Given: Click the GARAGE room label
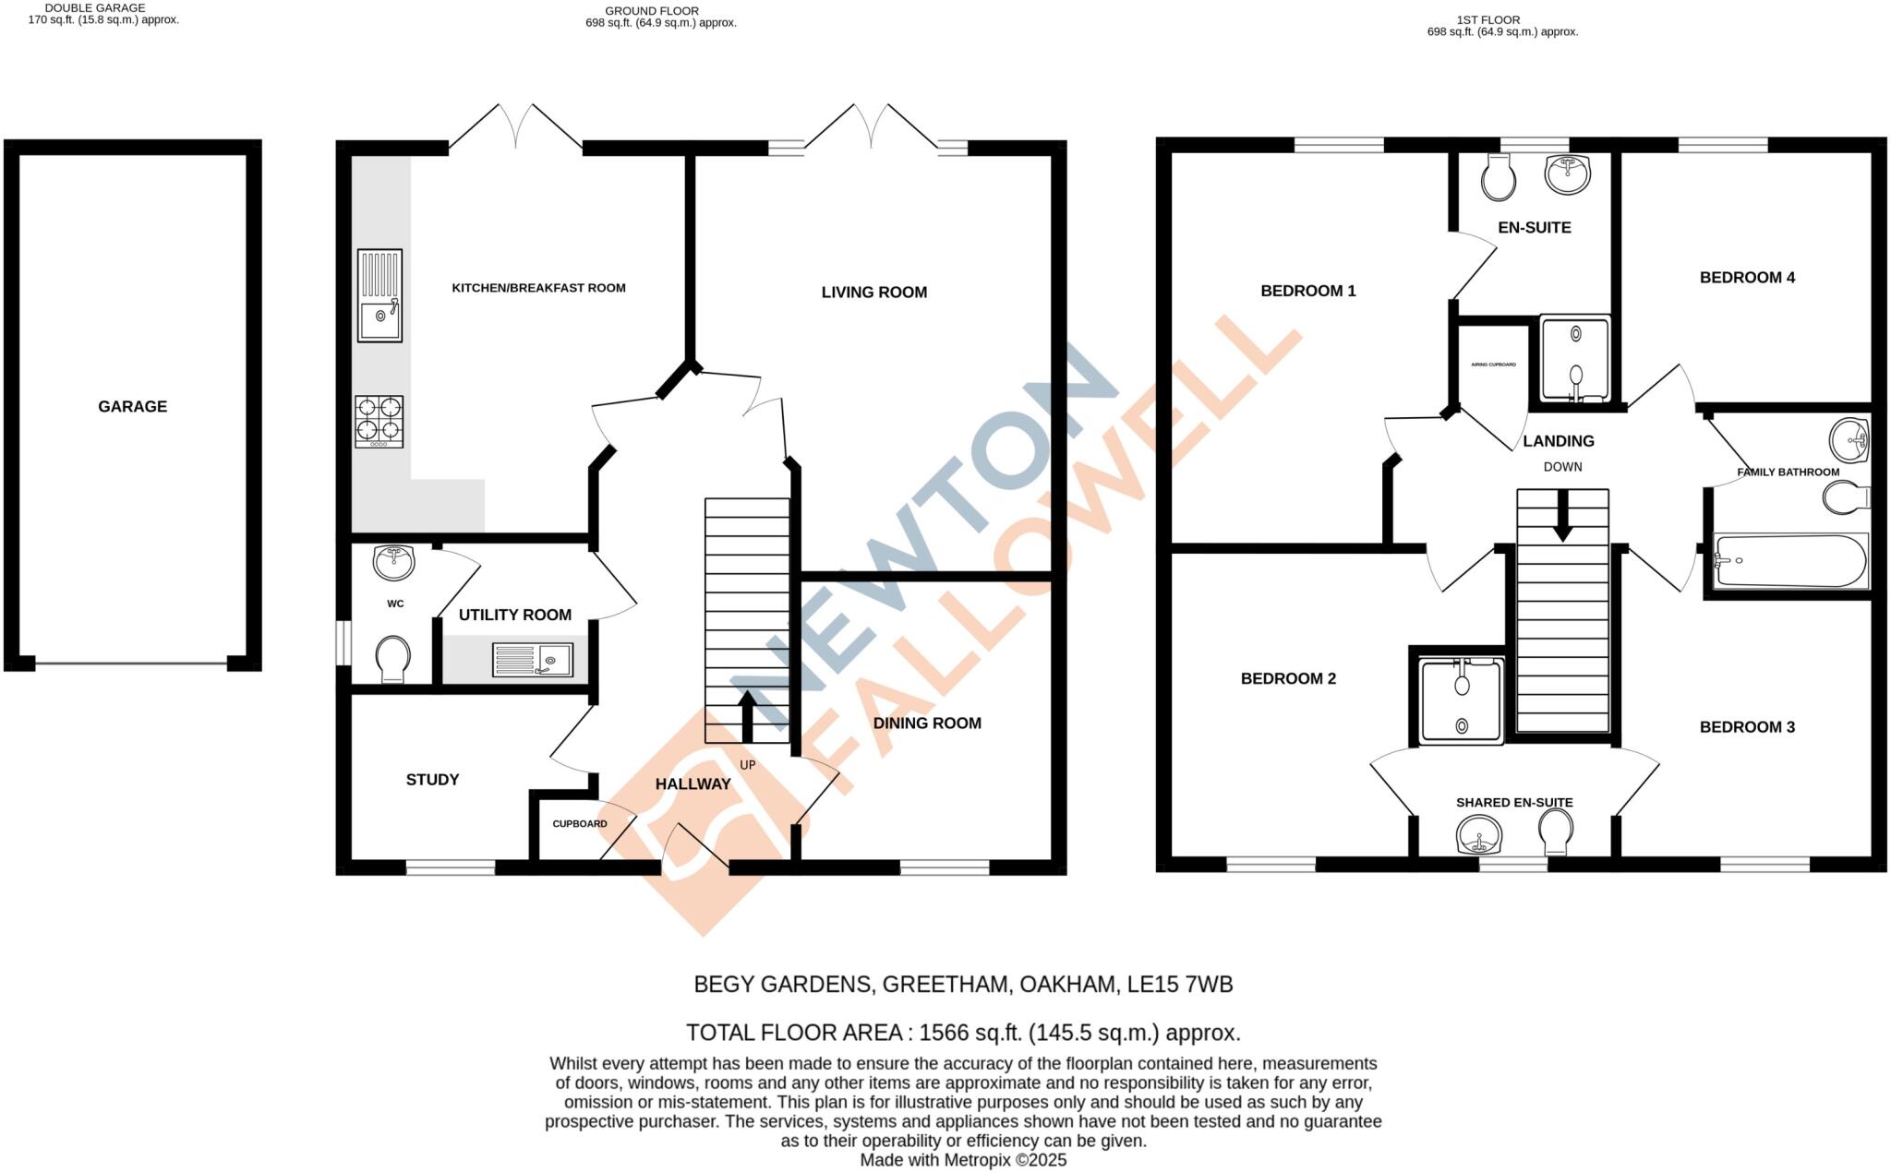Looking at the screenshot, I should click(132, 406).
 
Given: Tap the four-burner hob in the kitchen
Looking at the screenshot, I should click(379, 422).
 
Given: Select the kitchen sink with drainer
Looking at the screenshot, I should click(379, 294).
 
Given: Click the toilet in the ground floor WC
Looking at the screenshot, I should click(392, 658).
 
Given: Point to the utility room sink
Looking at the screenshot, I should click(533, 659).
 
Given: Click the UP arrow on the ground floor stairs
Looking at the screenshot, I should click(747, 716).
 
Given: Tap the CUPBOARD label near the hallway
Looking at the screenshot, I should click(580, 823).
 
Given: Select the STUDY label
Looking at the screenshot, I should click(432, 780).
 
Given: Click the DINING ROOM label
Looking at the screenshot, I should click(927, 723).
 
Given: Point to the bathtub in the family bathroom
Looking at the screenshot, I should click(1790, 560).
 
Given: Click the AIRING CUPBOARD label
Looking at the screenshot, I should click(1493, 365).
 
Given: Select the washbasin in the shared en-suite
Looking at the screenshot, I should click(1478, 836).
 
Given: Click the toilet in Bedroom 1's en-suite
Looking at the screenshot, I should click(1498, 177).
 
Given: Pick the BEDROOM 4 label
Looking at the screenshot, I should click(1747, 277).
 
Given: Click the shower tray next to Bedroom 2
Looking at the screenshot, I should click(1461, 701).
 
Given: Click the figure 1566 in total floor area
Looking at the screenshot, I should click(945, 1033).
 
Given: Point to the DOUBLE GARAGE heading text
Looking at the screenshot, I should click(95, 7).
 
